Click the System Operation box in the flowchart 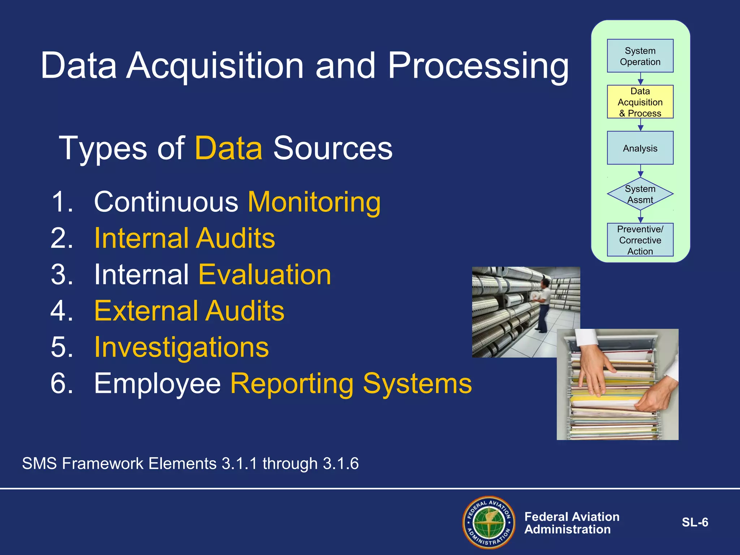[x=640, y=56]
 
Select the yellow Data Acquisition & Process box [x=640, y=102]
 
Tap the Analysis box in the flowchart [x=640, y=148]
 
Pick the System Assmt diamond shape [x=640, y=194]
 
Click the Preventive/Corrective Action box [x=640, y=240]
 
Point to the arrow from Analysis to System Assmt [x=640, y=171]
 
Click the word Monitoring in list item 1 [x=314, y=202]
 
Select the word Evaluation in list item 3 [x=264, y=275]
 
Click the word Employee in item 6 [x=157, y=384]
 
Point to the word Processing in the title [x=478, y=66]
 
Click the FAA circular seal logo [x=489, y=522]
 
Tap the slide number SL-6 [x=694, y=522]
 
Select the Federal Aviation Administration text [x=572, y=523]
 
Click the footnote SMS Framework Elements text [x=190, y=464]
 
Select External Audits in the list [x=189, y=311]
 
